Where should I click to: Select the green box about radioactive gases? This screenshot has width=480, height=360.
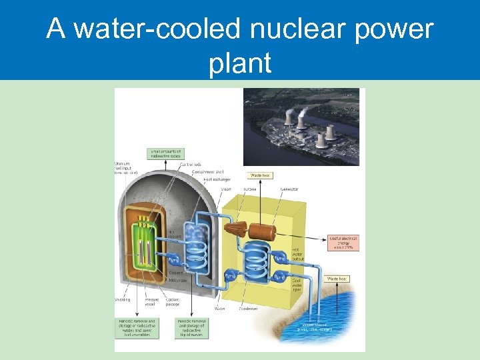point(165,153)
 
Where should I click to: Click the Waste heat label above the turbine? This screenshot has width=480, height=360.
point(260,176)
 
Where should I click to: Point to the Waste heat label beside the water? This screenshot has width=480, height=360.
point(338,279)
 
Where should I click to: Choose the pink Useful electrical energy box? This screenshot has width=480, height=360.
point(344,242)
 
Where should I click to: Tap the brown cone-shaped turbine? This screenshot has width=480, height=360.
point(234,229)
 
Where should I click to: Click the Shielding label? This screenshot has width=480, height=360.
point(123,299)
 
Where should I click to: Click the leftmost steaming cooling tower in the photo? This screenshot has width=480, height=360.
point(289,119)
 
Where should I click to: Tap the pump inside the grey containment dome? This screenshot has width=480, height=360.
point(173,259)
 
